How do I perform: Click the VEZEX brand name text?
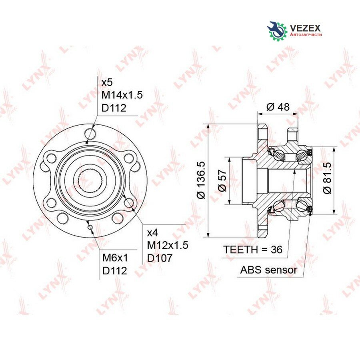click(x=305, y=28)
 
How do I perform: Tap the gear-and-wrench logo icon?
click(x=277, y=31)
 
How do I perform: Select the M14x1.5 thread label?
click(x=122, y=95)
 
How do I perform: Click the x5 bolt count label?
click(x=107, y=82)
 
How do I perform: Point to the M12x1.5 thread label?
click(x=168, y=245)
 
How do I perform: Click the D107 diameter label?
click(x=160, y=258)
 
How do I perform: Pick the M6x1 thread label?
click(x=115, y=258)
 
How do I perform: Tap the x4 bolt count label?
click(x=153, y=233)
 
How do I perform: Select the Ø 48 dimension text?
click(x=278, y=107)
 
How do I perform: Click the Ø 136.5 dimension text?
click(x=201, y=180)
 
